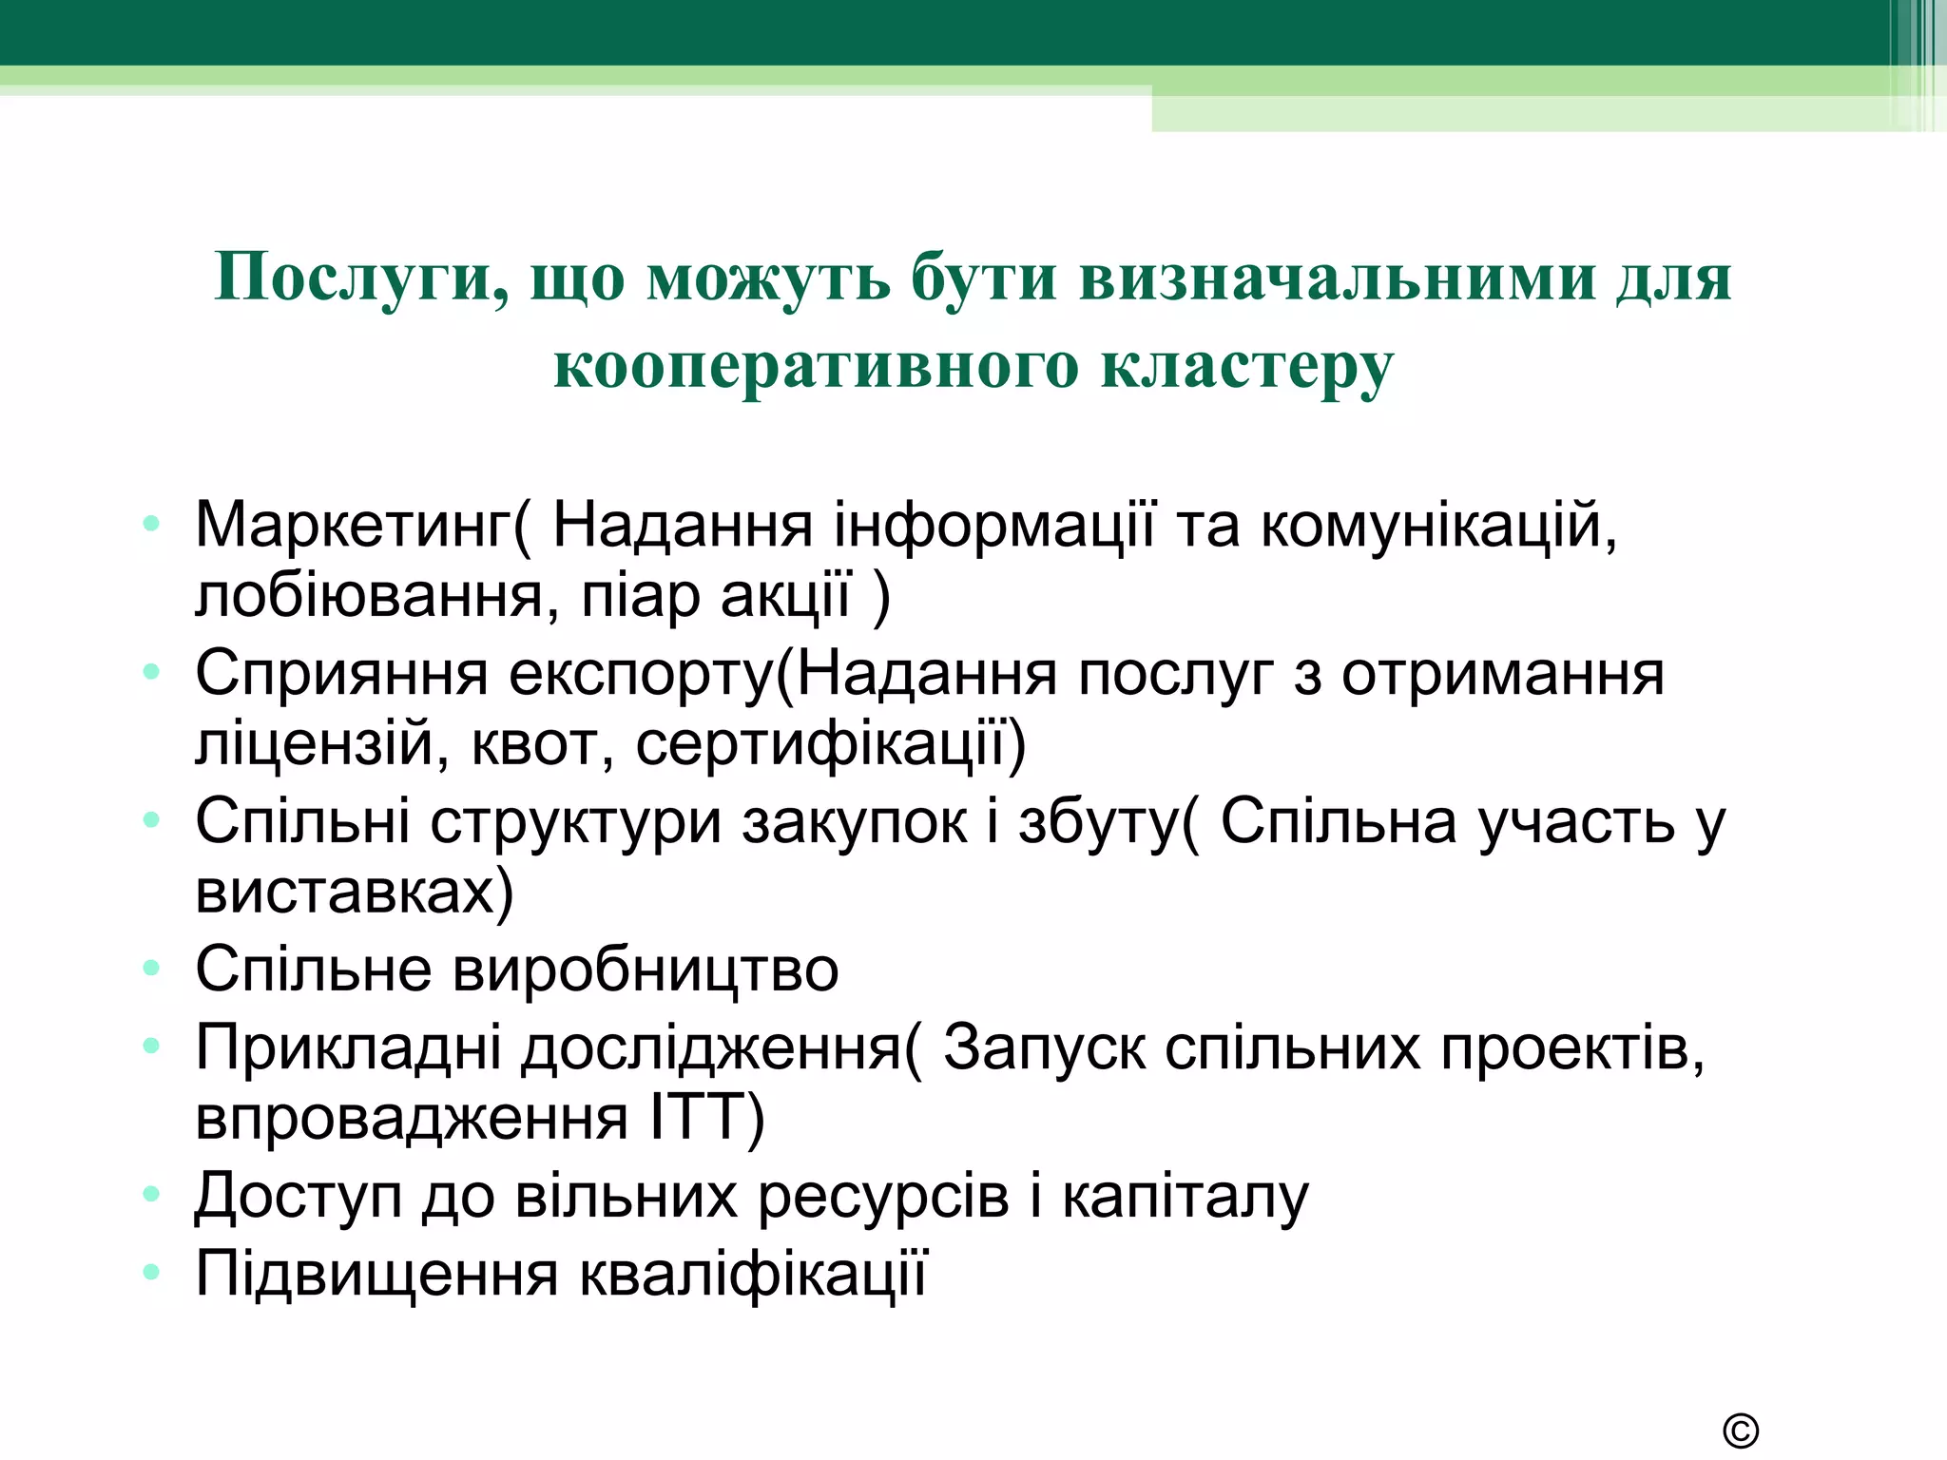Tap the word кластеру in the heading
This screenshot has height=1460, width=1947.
[x=1247, y=366]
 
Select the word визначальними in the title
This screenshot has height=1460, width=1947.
[x=1338, y=278]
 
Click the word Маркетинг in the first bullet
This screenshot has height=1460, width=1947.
[x=353, y=525]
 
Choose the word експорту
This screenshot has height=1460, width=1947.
[x=642, y=673]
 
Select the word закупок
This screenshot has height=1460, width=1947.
[x=870, y=821]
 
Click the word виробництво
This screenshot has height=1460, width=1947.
[x=646, y=970]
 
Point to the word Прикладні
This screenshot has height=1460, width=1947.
[x=348, y=1047]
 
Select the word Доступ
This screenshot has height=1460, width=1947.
[x=299, y=1196]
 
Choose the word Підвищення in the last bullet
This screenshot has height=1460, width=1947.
[x=376, y=1274]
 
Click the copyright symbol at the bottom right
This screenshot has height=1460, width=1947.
[x=1740, y=1431]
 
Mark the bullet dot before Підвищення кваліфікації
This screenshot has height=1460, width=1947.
[x=151, y=1272]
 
